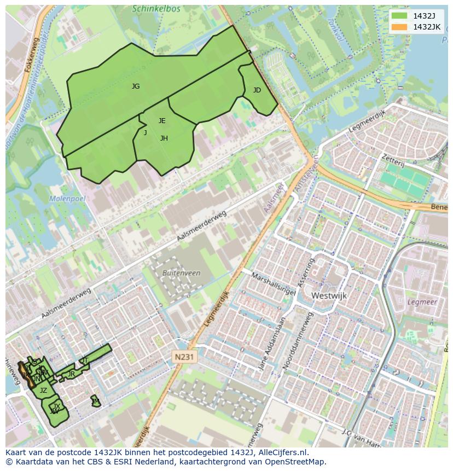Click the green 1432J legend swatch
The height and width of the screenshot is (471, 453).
399,16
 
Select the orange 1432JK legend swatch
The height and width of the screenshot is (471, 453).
399,27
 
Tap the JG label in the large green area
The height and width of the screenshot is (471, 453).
136,86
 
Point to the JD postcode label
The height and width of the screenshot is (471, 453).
257,90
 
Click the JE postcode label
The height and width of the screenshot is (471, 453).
162,121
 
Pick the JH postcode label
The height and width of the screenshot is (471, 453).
164,138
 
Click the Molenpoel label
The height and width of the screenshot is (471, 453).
67,199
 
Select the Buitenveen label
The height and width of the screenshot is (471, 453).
181,273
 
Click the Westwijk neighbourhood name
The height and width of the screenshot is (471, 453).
329,295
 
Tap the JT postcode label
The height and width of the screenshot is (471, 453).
85,360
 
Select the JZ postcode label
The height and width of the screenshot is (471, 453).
43,391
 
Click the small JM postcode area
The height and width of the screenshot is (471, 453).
96,401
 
